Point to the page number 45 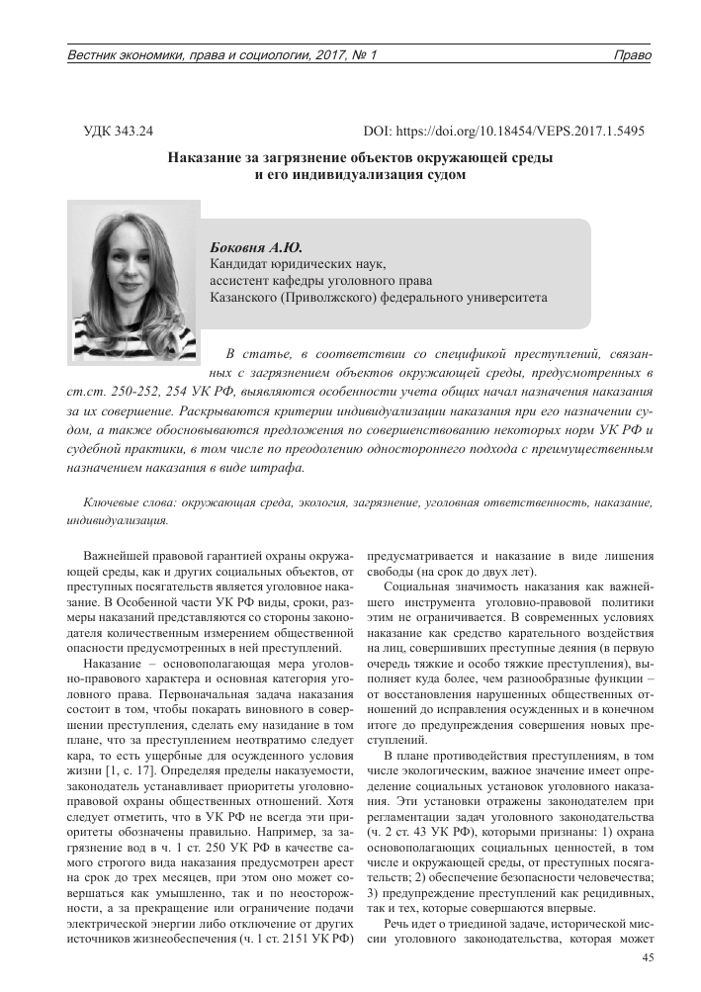[649, 957]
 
